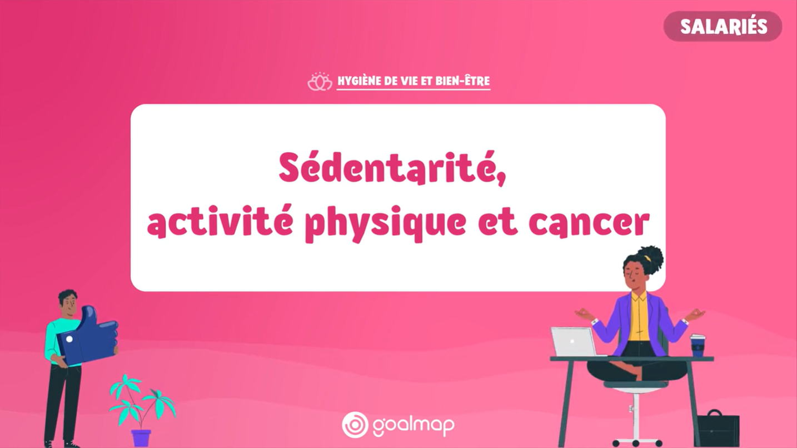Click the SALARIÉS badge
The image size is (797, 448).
(723, 26)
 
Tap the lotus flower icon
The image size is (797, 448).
(320, 82)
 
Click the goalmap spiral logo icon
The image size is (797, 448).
(355, 425)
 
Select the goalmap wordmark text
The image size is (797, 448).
(414, 425)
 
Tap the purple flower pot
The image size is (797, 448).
(141, 437)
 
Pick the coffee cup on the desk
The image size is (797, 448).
(698, 345)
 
